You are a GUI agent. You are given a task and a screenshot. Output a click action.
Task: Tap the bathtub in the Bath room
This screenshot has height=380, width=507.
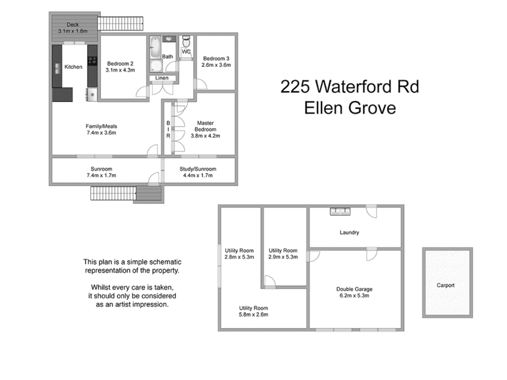155,47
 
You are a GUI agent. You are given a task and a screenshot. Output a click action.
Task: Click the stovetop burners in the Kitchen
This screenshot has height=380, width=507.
92,61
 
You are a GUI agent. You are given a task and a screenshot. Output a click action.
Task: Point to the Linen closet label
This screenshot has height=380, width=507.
162,78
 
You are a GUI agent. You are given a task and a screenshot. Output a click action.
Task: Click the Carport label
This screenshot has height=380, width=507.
445,285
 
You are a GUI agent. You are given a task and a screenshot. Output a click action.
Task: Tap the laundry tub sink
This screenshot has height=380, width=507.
340,211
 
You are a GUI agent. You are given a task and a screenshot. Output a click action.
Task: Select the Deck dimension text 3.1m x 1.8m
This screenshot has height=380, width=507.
73,31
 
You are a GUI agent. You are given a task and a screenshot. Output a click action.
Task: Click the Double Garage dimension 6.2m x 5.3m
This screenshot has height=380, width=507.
354,296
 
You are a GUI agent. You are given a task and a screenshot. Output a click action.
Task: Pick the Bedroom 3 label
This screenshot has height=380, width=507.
216,58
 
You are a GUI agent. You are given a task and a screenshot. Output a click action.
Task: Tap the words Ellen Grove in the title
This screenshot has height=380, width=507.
350,108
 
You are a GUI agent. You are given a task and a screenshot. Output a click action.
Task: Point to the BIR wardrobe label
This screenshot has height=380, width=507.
168,129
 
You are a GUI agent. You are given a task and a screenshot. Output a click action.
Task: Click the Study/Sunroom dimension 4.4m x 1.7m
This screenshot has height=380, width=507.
198,175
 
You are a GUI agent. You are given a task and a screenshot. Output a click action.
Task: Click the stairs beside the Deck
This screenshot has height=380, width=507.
120,24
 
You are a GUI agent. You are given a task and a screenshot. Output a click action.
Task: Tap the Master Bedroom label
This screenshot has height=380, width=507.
205,126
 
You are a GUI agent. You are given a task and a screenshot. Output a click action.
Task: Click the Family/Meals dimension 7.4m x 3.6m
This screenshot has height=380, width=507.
101,133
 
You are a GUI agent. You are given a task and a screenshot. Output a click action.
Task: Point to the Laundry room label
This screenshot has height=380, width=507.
349,232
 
